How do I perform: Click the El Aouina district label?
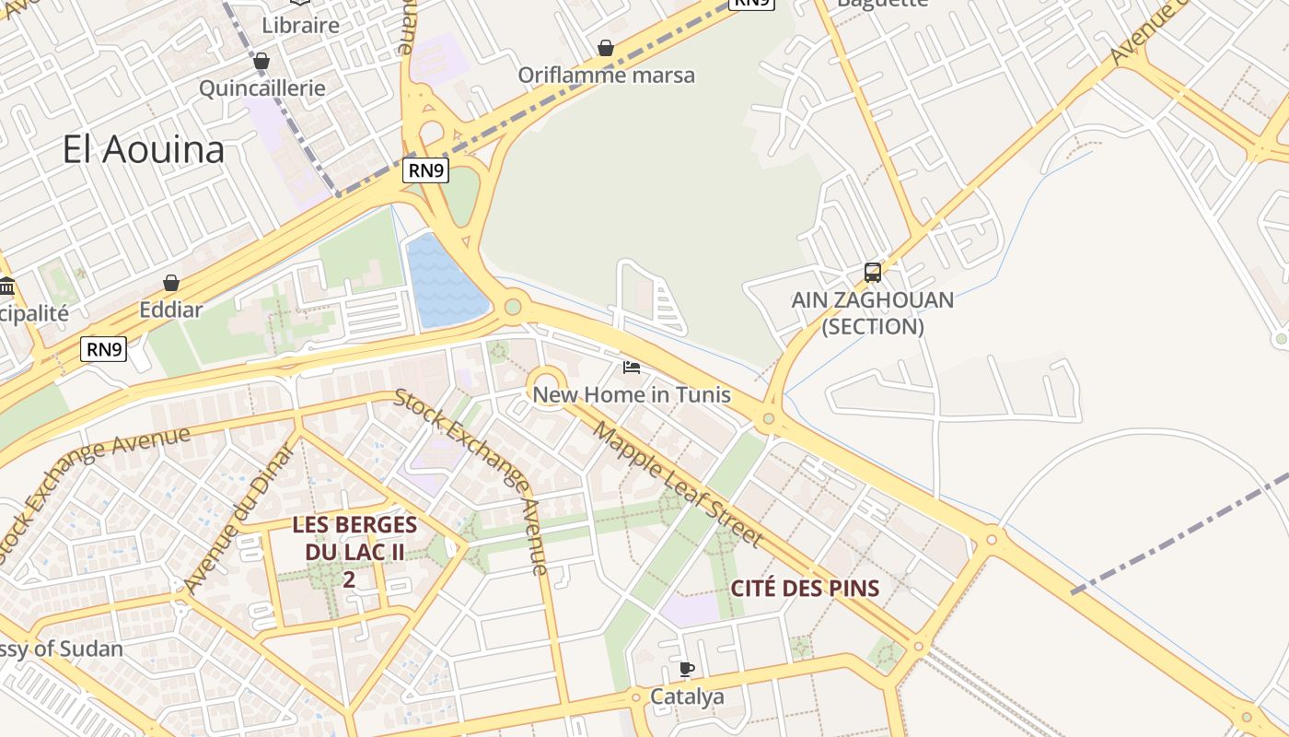coord(144,149)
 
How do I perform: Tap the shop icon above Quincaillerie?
coord(261,61)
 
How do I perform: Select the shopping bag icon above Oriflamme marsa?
coord(606,47)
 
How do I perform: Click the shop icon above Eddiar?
coord(171,282)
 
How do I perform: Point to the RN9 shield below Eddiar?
coord(103,349)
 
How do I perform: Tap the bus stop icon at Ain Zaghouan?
coord(872,273)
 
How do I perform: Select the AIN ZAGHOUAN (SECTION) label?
coord(872,313)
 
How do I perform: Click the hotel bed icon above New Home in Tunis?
coord(632,368)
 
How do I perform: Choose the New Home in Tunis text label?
coord(632,395)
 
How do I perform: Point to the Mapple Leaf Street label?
coord(678,483)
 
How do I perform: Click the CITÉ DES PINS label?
coord(805,588)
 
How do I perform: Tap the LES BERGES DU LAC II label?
coord(354,539)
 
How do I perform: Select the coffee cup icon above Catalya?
coord(686,669)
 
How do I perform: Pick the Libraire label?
coord(301,25)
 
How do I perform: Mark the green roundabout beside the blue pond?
coord(513,307)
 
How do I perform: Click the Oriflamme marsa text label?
coord(606,75)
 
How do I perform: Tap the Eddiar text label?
coord(171,310)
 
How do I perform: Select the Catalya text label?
coord(687,696)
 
